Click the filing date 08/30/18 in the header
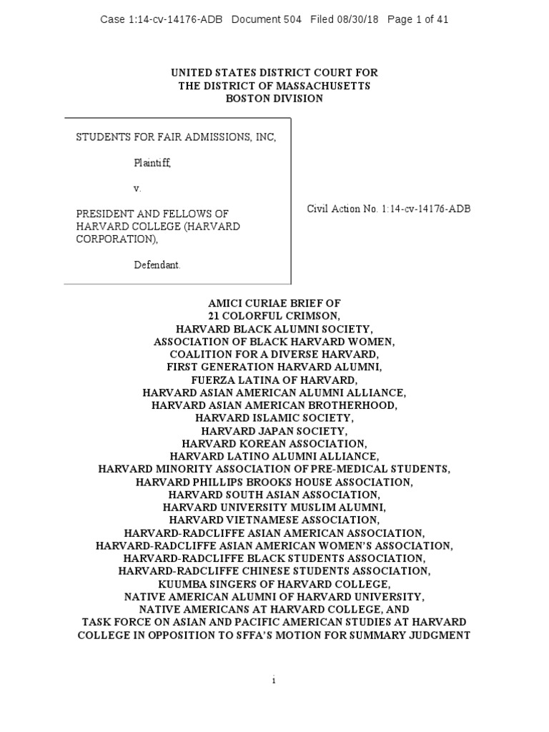tap(361, 20)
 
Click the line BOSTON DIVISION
tap(274, 99)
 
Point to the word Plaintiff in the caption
tap(152, 163)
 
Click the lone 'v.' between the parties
tap(138, 189)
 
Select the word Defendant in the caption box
tap(157, 264)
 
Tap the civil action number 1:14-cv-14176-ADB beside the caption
tap(426, 209)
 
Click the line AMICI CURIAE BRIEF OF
tap(274, 304)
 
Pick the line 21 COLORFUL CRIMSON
tap(274, 317)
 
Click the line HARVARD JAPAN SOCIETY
tap(274, 432)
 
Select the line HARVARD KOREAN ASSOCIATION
tap(274, 444)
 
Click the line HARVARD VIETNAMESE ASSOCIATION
tap(274, 520)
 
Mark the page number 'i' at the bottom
tap(274, 681)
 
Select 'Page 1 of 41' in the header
tap(417, 20)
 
